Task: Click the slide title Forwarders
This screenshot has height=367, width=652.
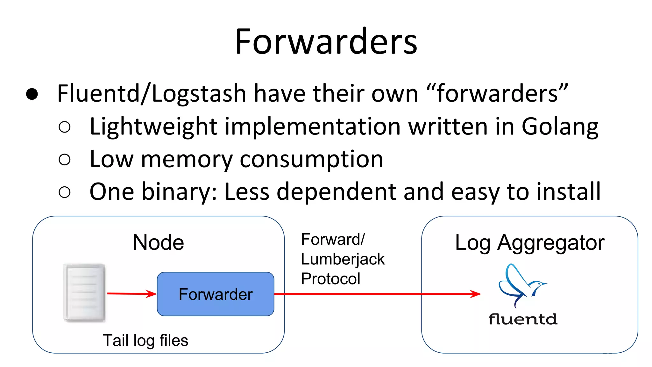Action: click(326, 42)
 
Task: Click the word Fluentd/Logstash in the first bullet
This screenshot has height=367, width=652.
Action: click(152, 94)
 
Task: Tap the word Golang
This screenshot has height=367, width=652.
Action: click(560, 126)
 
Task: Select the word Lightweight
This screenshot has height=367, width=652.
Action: click(153, 126)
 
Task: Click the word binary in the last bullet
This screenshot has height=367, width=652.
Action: click(179, 191)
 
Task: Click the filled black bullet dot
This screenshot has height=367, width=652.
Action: click(32, 94)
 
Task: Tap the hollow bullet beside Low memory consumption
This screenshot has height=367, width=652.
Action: click(65, 159)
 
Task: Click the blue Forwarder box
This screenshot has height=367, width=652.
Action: click(216, 294)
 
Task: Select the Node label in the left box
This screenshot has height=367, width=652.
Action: click(158, 242)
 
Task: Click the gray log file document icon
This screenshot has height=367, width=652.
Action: click(85, 292)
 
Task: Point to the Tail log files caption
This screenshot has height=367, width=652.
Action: click(145, 340)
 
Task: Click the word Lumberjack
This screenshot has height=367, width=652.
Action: click(343, 259)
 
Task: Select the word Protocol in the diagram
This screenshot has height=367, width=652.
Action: click(330, 279)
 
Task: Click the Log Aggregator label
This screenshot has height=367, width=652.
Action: click(529, 243)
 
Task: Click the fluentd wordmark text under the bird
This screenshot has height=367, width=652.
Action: click(523, 319)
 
